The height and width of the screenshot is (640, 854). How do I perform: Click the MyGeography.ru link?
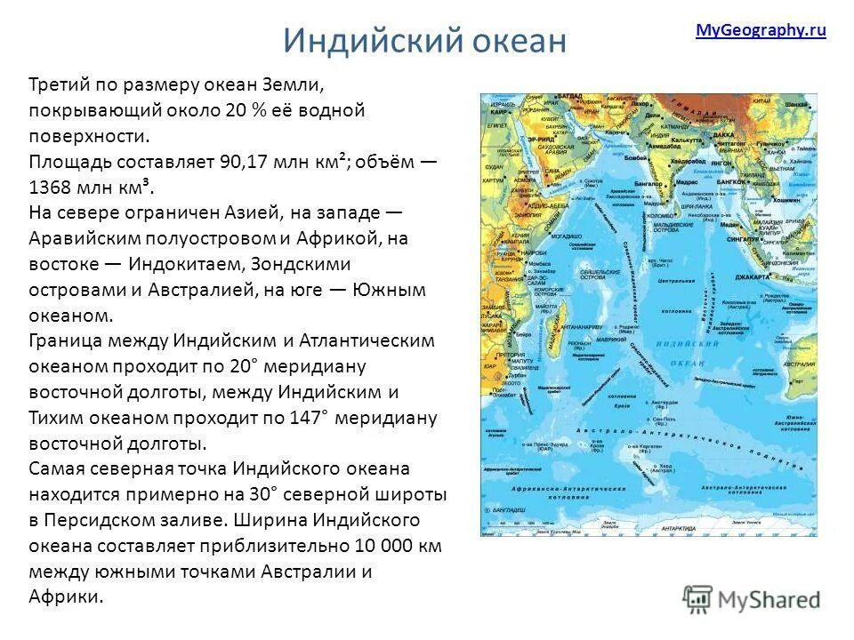(x=761, y=30)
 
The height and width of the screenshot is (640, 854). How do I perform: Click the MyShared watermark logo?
(x=752, y=597)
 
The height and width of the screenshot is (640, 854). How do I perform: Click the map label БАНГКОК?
(x=743, y=182)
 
